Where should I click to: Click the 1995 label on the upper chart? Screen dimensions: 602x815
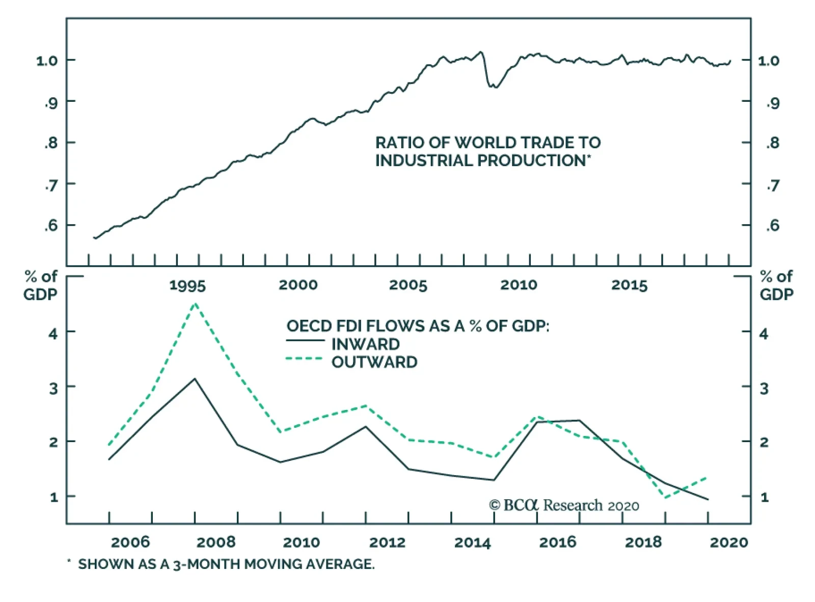[187, 285]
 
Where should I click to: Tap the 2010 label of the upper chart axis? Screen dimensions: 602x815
[519, 285]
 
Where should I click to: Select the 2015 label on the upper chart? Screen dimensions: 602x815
[629, 285]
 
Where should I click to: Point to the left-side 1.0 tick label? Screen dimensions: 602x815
[47, 61]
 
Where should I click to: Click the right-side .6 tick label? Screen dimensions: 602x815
[773, 225]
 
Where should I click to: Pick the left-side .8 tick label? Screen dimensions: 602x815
[51, 143]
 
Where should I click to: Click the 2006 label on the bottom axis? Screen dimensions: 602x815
[130, 542]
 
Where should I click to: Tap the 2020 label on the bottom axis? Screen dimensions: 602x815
[729, 542]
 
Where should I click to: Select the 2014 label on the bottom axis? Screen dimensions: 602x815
[472, 542]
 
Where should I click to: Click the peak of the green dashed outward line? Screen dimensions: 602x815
[195, 304]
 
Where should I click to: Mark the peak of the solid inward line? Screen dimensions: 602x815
[195, 379]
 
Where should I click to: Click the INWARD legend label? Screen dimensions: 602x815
[365, 344]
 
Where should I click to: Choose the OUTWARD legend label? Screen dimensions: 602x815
[374, 362]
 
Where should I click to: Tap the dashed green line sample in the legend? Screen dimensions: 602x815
[305, 359]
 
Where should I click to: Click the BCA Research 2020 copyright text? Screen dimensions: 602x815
[564, 505]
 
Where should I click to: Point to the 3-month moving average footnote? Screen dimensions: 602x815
[226, 564]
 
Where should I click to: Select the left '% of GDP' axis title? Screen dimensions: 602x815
[41, 286]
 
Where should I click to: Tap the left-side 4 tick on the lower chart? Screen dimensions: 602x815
[53, 334]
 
